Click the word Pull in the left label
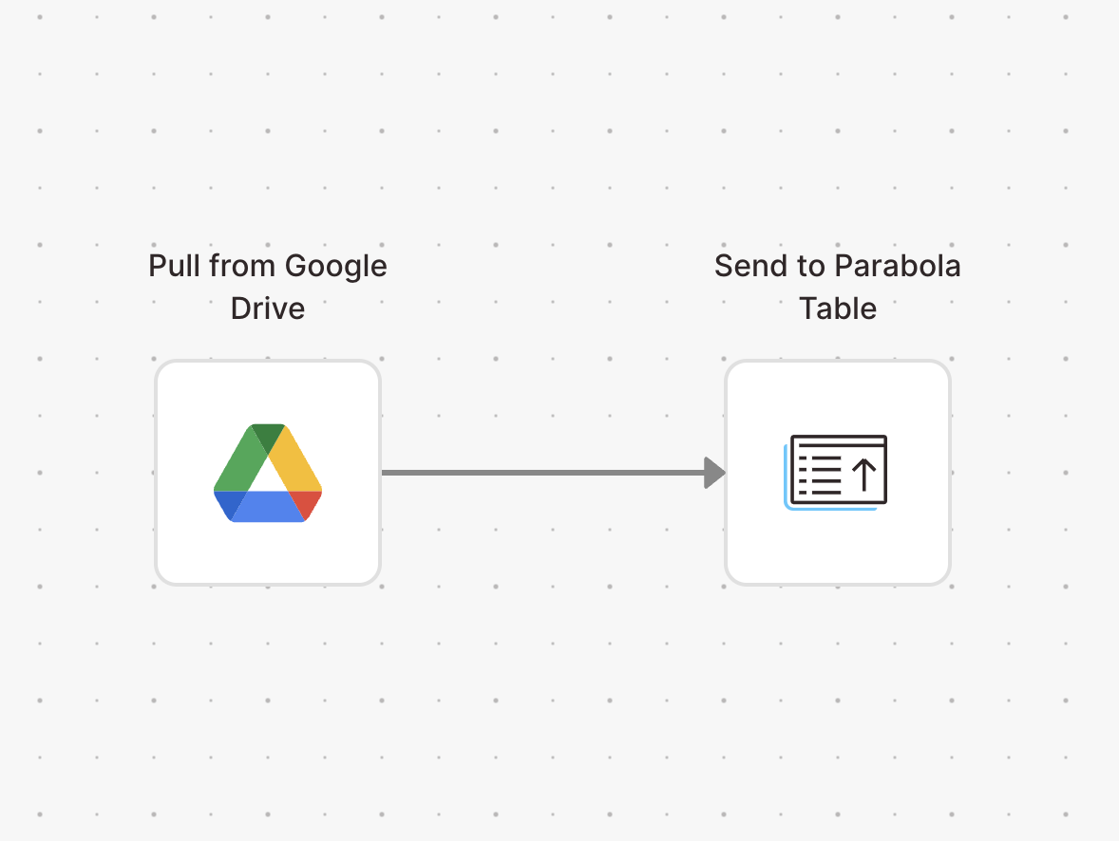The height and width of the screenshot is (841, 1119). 174,266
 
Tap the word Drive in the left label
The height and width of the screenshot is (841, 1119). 268,308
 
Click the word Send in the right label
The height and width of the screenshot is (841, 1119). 751,266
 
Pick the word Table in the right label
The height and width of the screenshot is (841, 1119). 838,308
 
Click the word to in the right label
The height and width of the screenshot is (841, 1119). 811,267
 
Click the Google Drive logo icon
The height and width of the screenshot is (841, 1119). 268,473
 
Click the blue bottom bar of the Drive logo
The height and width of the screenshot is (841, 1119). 268,507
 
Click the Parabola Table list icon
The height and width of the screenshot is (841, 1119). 836,472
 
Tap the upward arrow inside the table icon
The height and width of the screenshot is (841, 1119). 864,475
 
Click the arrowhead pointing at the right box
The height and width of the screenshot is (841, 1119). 715,473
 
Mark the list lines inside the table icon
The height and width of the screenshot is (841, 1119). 819,475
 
